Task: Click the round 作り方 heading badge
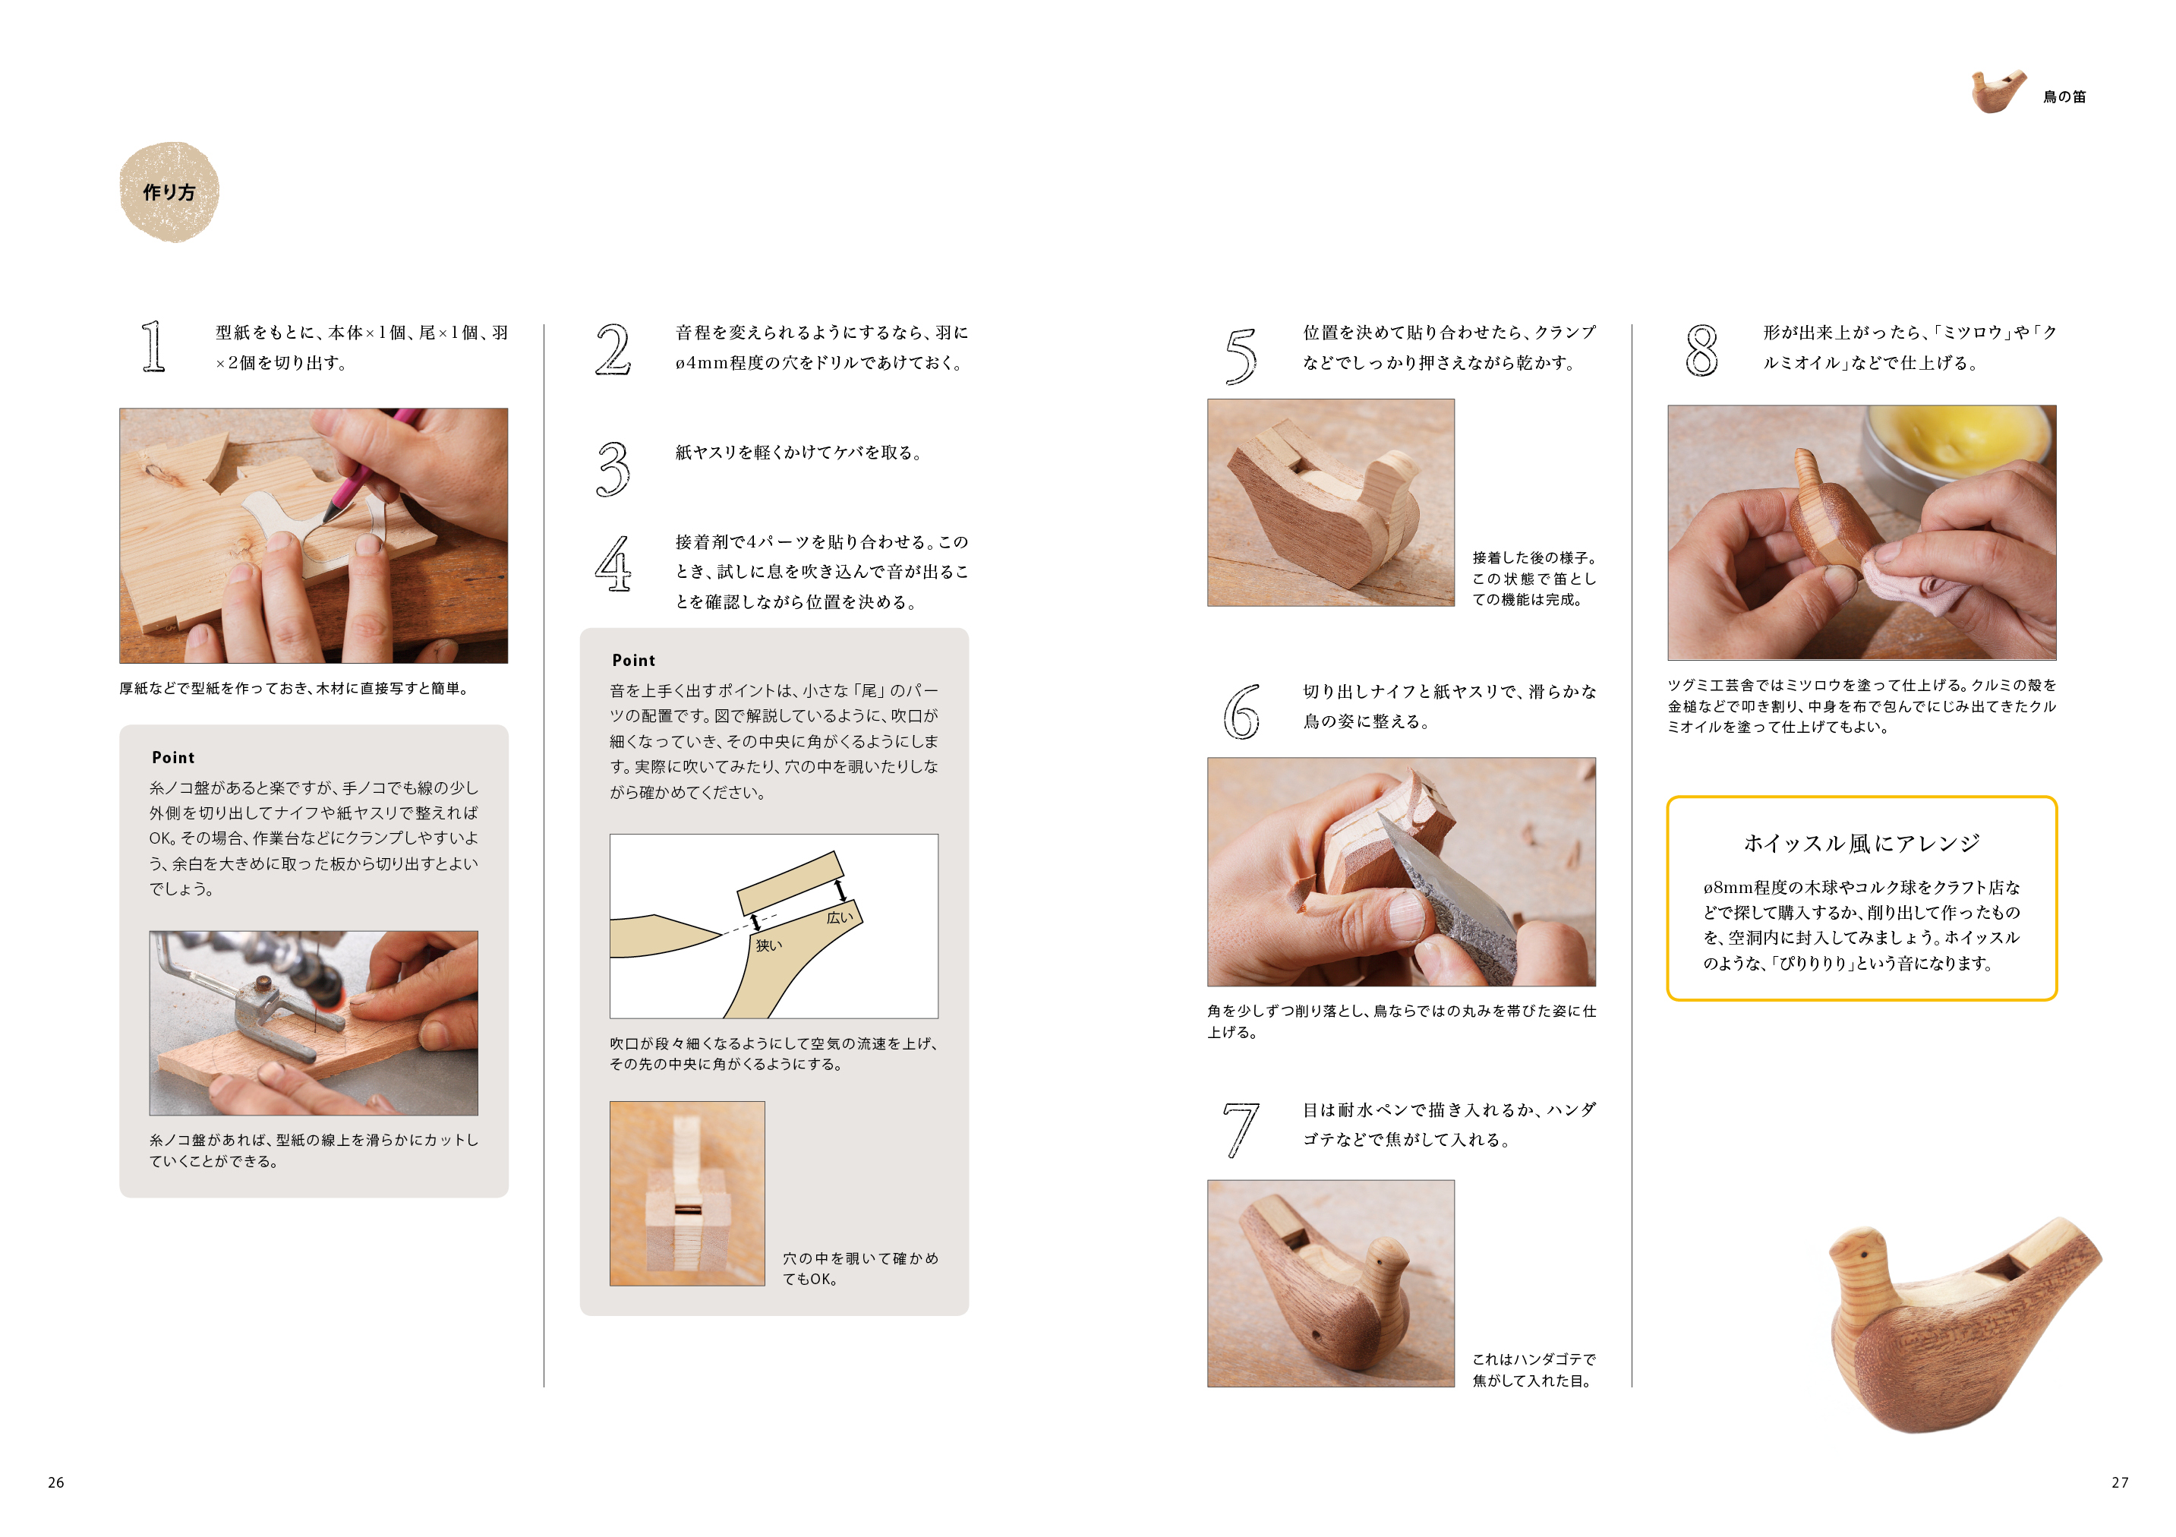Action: [x=169, y=192]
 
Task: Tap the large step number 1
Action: [x=153, y=347]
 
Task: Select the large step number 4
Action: [x=613, y=563]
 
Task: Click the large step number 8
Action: [x=1701, y=350]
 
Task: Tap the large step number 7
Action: [x=1241, y=1130]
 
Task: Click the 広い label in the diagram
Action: [x=840, y=917]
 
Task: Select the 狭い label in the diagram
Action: [x=768, y=945]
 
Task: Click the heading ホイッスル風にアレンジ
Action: [x=1862, y=843]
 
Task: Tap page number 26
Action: [x=56, y=1482]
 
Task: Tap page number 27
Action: [x=2120, y=1482]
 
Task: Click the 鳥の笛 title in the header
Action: [x=2064, y=96]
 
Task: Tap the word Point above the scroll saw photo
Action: [x=172, y=758]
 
